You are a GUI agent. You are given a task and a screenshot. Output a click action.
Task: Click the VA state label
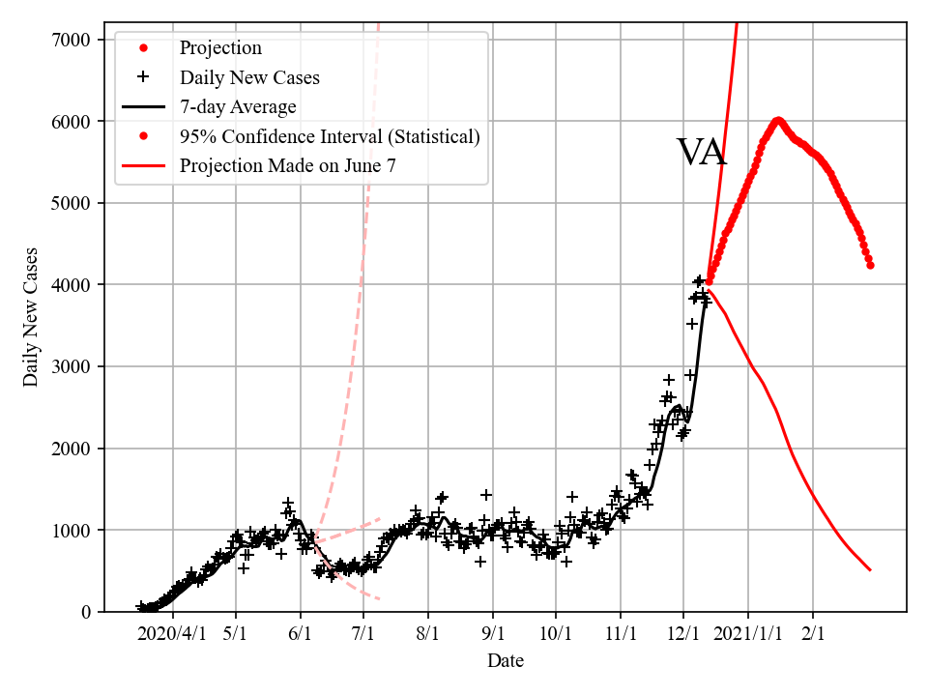coord(701,153)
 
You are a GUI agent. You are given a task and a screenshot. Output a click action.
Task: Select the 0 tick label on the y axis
coord(86,612)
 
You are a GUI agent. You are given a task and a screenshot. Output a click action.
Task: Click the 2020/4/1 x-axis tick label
coord(172,634)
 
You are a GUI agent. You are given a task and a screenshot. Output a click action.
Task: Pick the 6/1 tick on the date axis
coord(301,634)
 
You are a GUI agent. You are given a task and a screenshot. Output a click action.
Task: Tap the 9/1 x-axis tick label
coord(493,634)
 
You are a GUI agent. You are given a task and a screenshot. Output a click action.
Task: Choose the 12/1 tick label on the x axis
coord(683,634)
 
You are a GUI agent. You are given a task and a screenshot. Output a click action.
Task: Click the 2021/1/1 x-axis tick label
coord(748,634)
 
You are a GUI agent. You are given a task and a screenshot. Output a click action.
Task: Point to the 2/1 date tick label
coord(813,634)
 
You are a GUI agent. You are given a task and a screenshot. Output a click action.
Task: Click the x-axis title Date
coord(506,661)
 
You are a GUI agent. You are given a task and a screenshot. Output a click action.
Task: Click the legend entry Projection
coord(220,48)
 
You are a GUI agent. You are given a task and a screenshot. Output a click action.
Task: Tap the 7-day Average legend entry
coord(238,106)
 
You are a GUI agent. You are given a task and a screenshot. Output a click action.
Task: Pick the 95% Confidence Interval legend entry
coord(330,136)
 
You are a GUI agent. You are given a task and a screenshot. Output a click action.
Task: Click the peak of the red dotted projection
coord(777,121)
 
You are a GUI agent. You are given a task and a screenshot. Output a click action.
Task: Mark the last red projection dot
coord(870,265)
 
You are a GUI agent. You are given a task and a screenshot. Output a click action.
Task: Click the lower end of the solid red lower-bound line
coord(870,570)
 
